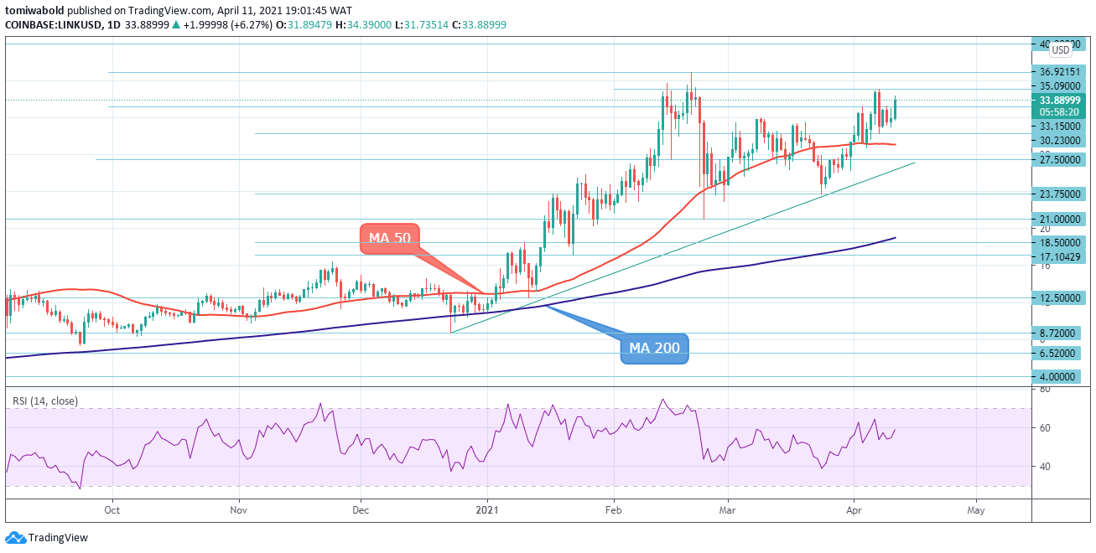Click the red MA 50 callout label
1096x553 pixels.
(390, 238)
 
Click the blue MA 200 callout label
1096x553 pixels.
(654, 349)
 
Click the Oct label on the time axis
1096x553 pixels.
(112, 509)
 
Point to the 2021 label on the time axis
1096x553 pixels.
(487, 509)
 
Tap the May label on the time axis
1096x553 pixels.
(975, 509)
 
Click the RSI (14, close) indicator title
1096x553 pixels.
(45, 401)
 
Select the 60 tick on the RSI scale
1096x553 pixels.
(1046, 428)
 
